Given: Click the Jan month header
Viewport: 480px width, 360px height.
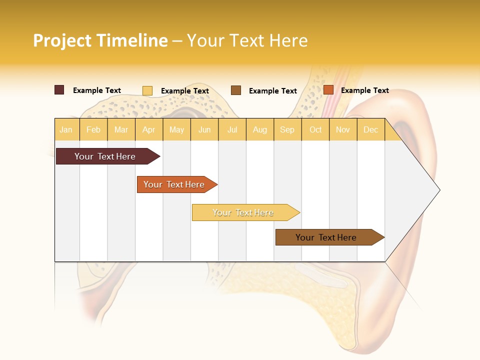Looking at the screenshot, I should pos(66,129).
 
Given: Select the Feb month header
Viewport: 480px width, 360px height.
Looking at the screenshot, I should pos(93,129).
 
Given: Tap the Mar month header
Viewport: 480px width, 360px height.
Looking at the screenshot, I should pos(121,129).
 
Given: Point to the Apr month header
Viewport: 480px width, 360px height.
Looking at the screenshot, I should pos(148,129).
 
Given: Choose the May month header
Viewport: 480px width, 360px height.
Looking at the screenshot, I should pos(176,129).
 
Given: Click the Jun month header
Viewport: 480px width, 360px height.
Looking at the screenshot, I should pos(204,129).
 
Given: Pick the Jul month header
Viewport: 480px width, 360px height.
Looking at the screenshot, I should pos(232,129).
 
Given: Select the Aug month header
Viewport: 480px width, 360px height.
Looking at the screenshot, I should pos(259,129).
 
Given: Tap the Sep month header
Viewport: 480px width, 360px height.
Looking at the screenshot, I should pos(287,129).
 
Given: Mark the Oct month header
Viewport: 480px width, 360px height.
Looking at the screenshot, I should pos(315,129).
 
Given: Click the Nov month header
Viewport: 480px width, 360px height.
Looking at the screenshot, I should pos(342,129).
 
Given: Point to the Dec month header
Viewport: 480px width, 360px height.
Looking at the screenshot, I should pos(370,129).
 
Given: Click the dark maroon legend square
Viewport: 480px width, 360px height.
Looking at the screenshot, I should pos(59,90).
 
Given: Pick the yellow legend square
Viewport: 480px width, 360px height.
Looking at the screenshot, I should pos(147,90).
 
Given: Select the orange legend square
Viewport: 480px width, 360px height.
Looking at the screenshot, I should pos(328,90).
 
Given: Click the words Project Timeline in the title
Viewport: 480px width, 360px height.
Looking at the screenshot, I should pos(100,40).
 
